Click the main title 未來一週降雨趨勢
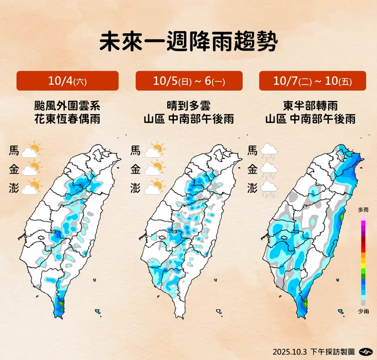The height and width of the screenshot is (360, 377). pos(189,42)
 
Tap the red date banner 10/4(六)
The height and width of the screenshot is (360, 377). pos(67,81)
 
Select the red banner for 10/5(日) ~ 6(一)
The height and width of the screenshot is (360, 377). pos(189,81)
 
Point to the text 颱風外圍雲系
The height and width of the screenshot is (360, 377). pos(67,106)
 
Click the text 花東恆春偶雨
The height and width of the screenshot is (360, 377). pos(67,119)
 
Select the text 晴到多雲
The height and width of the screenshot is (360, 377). pos(189,106)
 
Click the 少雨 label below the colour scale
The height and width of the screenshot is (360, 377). pos(363,312)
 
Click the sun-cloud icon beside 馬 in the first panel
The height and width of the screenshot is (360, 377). pos(32,150)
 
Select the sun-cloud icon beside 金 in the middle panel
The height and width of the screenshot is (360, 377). pos(155,169)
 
